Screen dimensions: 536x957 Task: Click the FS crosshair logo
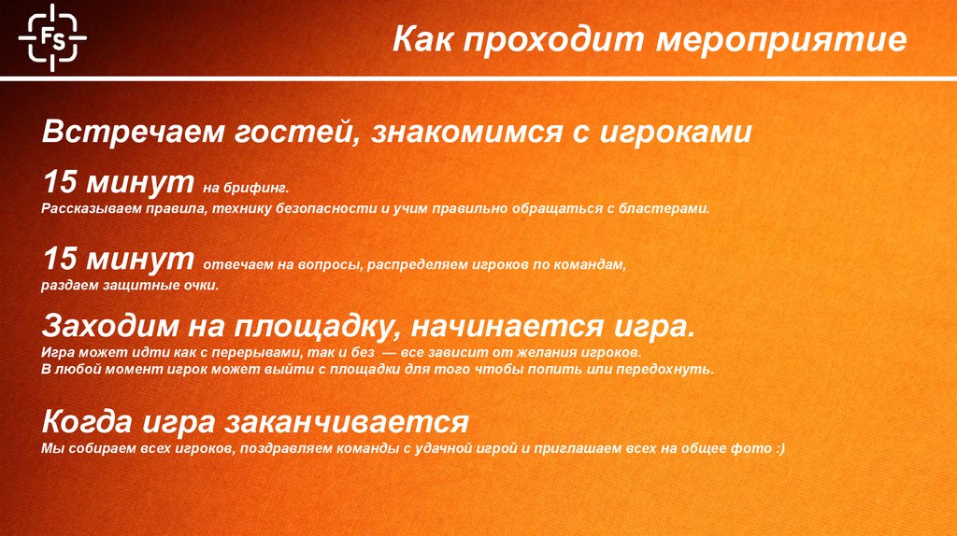click(51, 37)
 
